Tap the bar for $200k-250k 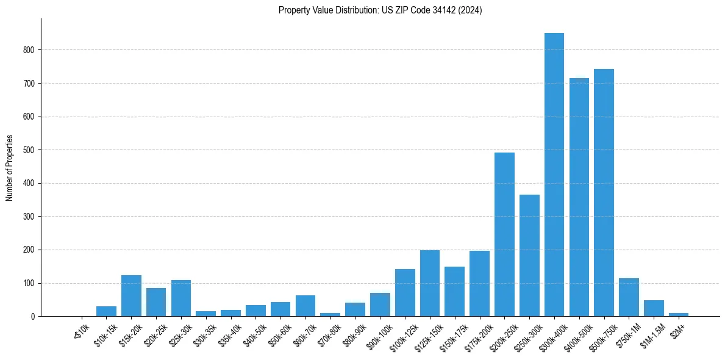504,234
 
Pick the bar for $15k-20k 131,296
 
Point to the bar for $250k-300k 529,256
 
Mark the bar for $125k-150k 430,283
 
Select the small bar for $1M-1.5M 654,308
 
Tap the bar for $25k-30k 181,298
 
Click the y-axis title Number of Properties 9,168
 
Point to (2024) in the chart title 471,10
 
